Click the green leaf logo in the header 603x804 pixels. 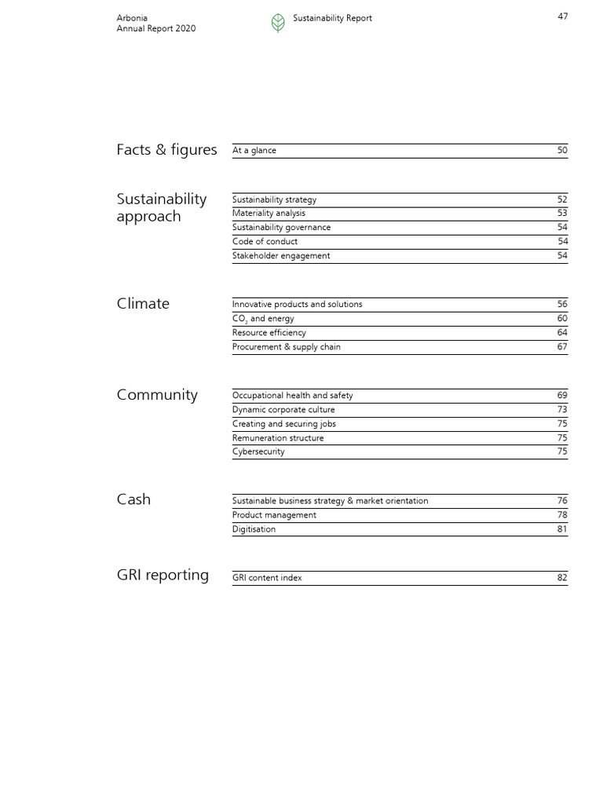pyautogui.click(x=278, y=23)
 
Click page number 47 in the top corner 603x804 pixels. pyautogui.click(x=562, y=17)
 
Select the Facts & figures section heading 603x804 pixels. pyautogui.click(x=166, y=150)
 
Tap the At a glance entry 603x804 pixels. pyautogui.click(x=254, y=151)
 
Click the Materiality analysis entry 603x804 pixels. pyautogui.click(x=269, y=214)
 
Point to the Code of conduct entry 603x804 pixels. pyautogui.click(x=265, y=242)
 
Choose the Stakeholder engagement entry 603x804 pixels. pyautogui.click(x=281, y=256)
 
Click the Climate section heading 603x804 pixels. pyautogui.click(x=143, y=304)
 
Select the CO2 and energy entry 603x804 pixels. pyautogui.click(x=263, y=319)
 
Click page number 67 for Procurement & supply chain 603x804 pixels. pyautogui.click(x=561, y=347)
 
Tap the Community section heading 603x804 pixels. pyautogui.click(x=157, y=395)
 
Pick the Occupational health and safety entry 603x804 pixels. pyautogui.click(x=292, y=396)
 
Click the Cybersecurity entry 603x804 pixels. pyautogui.click(x=258, y=452)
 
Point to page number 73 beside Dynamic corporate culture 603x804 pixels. pyautogui.click(x=561, y=410)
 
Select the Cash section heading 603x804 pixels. pyautogui.click(x=133, y=499)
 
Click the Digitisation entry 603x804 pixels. pyautogui.click(x=254, y=529)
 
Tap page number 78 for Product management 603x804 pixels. pyautogui.click(x=561, y=515)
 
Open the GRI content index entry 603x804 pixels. pyautogui.click(x=267, y=578)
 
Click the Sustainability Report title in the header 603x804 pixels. pyautogui.click(x=332, y=18)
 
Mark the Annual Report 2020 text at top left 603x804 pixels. pyautogui.click(x=155, y=29)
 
